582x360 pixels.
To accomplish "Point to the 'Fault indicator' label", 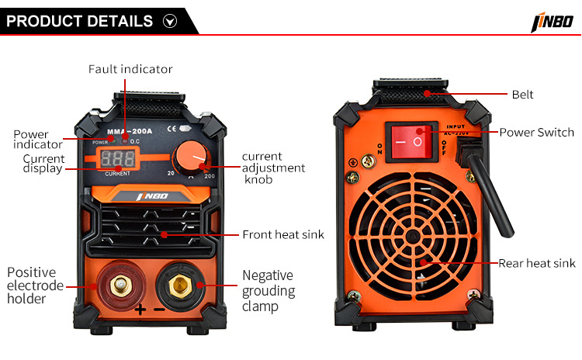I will (130, 69).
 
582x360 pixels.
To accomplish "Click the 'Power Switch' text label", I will (537, 133).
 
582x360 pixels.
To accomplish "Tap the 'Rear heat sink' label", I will (536, 264).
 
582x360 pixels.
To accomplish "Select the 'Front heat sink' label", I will (283, 234).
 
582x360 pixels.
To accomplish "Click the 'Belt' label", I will (522, 95).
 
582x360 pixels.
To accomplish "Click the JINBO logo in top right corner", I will (551, 22).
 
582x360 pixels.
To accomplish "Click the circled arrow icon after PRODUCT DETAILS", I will (171, 22).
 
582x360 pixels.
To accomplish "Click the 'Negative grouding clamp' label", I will (268, 291).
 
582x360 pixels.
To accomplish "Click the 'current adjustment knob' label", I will (273, 168).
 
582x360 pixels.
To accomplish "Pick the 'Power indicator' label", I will (37, 140).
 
